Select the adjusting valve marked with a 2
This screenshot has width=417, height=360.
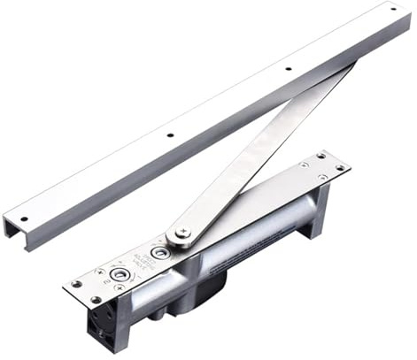coord(117,275)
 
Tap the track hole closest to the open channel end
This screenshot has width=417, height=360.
coord(23,218)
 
